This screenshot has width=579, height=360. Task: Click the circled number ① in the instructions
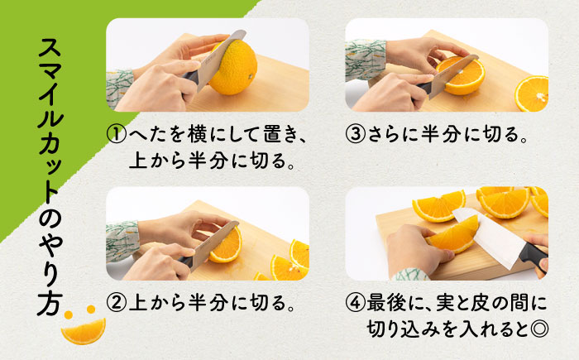117,134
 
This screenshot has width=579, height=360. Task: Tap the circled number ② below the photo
117,303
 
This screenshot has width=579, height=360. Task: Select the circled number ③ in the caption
355,134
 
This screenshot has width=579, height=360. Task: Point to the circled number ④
355,303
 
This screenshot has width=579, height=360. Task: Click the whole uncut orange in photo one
233,67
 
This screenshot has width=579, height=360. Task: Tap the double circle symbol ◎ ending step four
538,329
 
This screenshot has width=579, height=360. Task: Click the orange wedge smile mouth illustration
84,331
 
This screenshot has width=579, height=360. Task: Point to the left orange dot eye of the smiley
69,315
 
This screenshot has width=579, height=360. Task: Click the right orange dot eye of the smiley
91,309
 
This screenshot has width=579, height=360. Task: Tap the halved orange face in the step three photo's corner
531,94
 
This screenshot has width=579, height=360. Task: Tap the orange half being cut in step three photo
461,76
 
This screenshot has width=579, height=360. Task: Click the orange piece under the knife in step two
226,245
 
